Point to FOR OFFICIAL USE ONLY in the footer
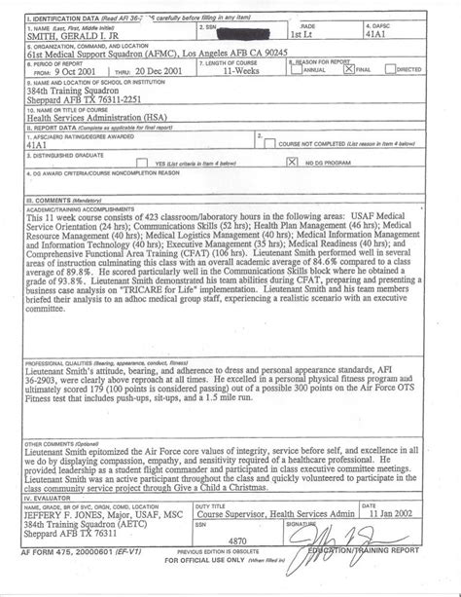click(x=220, y=586)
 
